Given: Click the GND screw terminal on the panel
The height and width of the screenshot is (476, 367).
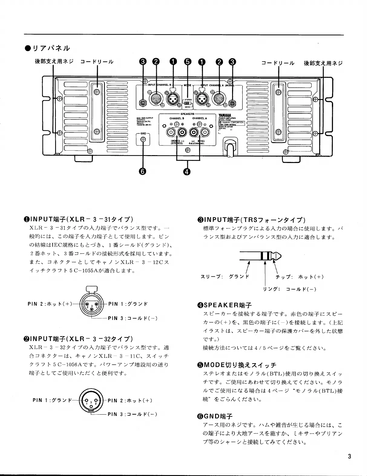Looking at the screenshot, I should tap(144, 139).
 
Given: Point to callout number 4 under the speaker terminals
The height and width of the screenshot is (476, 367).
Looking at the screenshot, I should tap(187, 171).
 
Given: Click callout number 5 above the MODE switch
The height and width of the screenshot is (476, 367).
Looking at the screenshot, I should tap(188, 62).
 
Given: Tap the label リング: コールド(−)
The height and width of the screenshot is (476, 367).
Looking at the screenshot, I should tap(290, 289).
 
